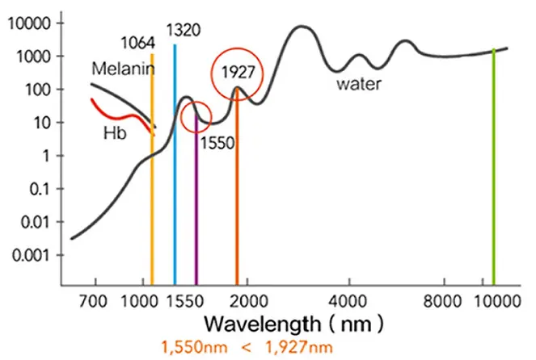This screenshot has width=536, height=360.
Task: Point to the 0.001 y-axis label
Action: (x=30, y=254)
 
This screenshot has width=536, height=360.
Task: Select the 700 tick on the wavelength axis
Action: (x=96, y=301)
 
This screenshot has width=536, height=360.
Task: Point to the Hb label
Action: (x=112, y=132)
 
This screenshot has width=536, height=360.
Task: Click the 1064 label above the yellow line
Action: (x=137, y=42)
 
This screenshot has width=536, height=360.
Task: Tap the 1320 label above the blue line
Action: (x=183, y=31)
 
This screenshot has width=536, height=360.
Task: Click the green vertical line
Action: (x=493, y=170)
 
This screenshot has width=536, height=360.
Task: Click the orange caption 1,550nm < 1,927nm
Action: (x=247, y=348)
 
